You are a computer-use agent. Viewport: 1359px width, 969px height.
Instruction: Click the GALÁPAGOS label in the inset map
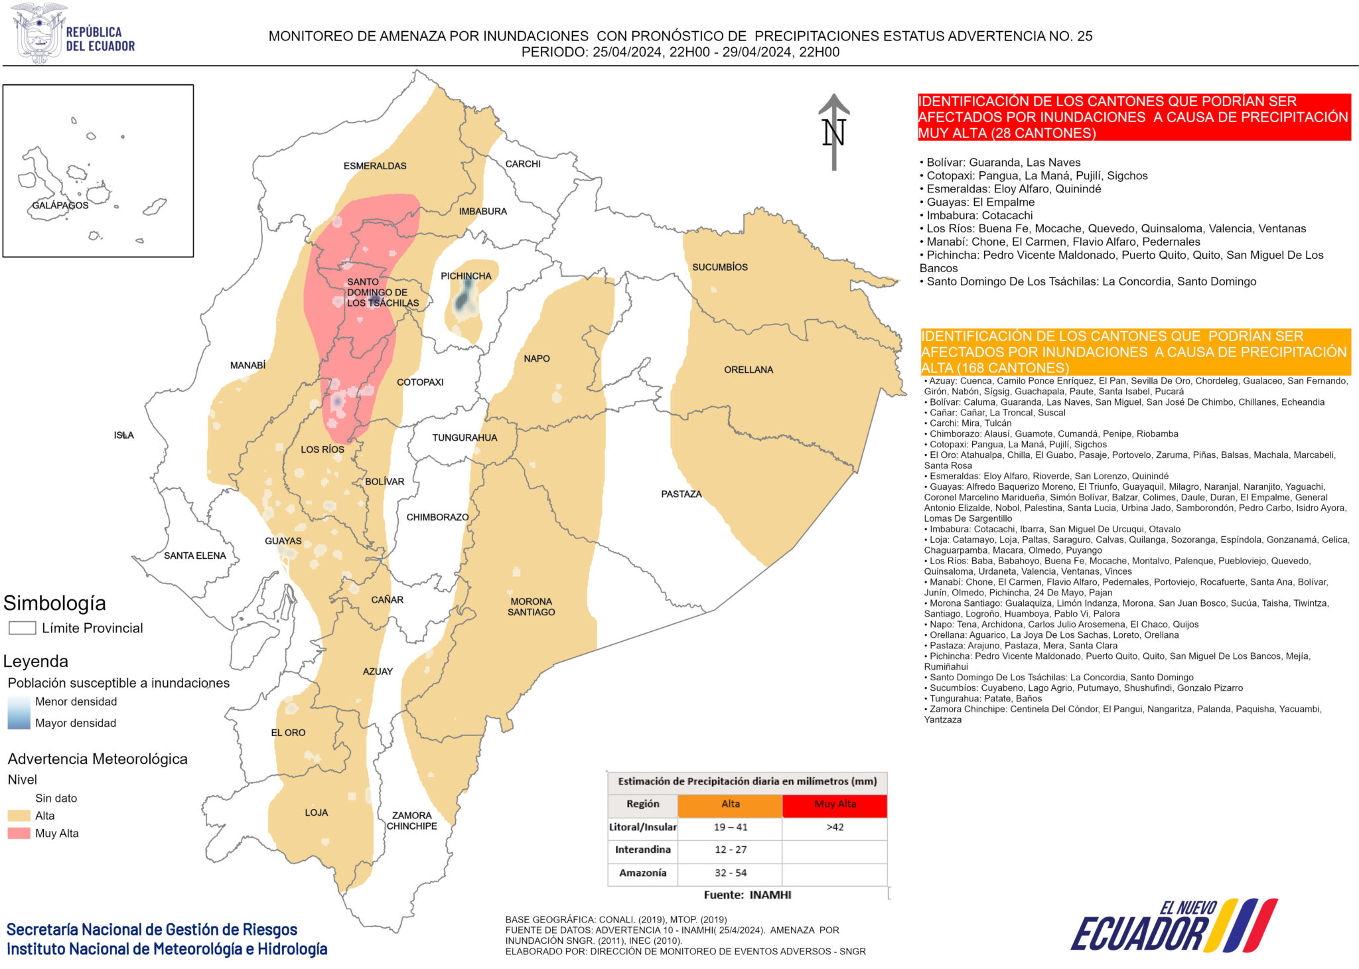[60, 205]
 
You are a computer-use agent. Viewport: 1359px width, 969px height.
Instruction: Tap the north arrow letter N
[833, 133]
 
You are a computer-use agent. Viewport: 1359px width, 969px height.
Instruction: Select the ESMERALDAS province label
[375, 166]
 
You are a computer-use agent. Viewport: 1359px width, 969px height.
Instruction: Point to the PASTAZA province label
[681, 494]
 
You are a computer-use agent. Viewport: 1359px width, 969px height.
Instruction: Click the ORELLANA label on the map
[749, 370]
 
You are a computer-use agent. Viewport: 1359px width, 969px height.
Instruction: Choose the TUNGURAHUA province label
[465, 437]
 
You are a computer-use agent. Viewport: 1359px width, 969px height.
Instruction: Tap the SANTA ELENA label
[194, 556]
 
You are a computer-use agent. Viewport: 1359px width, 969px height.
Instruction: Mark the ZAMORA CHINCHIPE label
[411, 820]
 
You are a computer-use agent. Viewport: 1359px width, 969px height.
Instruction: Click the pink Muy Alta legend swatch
[19, 833]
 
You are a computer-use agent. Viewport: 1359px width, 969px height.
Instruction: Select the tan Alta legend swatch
[19, 816]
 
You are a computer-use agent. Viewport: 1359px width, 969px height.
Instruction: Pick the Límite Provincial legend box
[22, 628]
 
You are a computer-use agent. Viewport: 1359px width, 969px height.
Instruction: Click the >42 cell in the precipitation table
[835, 827]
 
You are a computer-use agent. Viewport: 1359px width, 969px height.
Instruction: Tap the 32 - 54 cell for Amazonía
[730, 873]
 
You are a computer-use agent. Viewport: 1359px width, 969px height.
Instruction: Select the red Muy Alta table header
[835, 804]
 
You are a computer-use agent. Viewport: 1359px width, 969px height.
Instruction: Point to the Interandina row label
[642, 850]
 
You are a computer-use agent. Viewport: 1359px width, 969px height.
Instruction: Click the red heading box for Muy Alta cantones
[1133, 117]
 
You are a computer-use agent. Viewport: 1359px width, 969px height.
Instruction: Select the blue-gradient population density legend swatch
[19, 712]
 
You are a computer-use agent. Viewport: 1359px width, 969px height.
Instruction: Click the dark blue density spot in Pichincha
[465, 297]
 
